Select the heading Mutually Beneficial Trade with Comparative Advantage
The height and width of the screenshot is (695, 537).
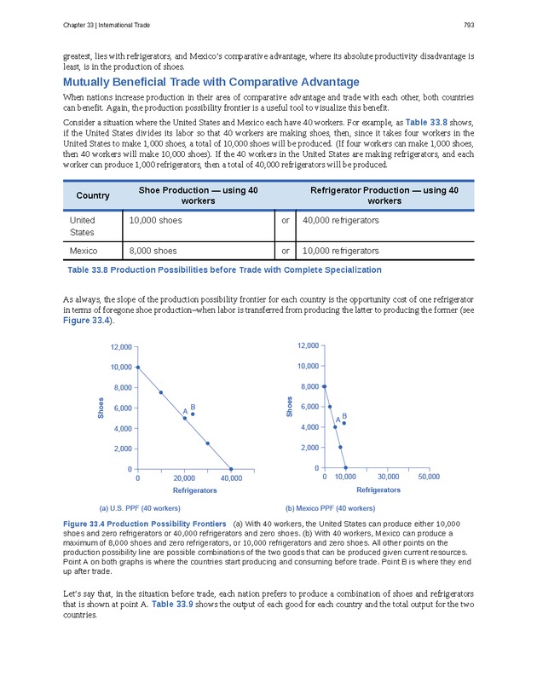(x=211, y=82)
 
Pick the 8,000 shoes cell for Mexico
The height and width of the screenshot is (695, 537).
(x=153, y=251)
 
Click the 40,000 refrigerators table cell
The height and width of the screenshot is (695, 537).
(x=340, y=221)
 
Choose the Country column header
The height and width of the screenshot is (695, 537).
(x=93, y=196)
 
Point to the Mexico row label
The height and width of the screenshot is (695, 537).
(x=84, y=251)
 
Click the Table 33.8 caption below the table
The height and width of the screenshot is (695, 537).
(x=224, y=269)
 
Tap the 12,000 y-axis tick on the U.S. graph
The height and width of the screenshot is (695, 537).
(x=120, y=347)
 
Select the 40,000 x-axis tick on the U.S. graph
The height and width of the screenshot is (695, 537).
(x=231, y=479)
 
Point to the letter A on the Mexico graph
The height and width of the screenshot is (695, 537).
(x=338, y=420)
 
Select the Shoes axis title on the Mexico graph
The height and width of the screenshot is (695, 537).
(x=290, y=407)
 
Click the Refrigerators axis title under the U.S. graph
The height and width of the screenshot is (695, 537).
(x=195, y=491)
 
